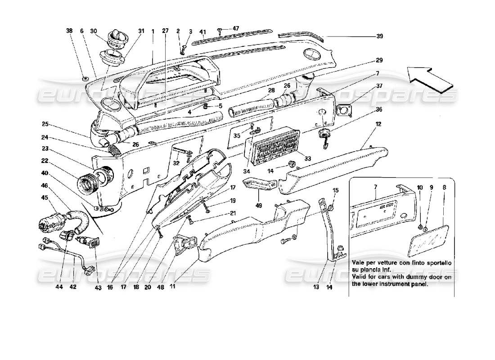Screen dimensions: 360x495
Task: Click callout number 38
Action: point(69,31)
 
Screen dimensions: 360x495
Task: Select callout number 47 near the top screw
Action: point(236,28)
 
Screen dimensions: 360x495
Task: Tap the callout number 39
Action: point(380,37)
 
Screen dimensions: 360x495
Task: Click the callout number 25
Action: point(45,124)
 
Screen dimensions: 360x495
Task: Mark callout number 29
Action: point(380,60)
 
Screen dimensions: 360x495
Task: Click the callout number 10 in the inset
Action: point(419,187)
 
